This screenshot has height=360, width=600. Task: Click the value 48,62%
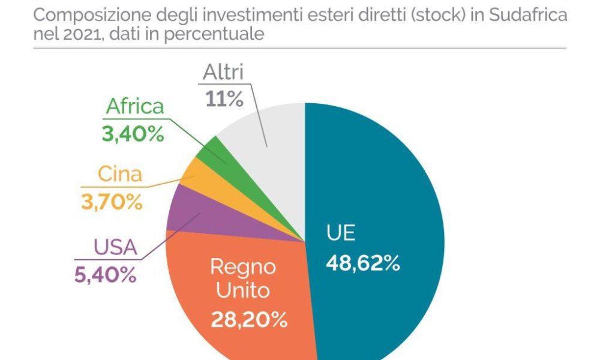[362, 262]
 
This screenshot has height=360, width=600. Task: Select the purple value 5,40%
[106, 275]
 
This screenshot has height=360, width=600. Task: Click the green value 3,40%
[133, 134]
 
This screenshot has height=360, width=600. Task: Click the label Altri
[223, 73]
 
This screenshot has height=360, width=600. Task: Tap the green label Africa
[134, 107]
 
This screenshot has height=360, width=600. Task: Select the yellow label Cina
[120, 175]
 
